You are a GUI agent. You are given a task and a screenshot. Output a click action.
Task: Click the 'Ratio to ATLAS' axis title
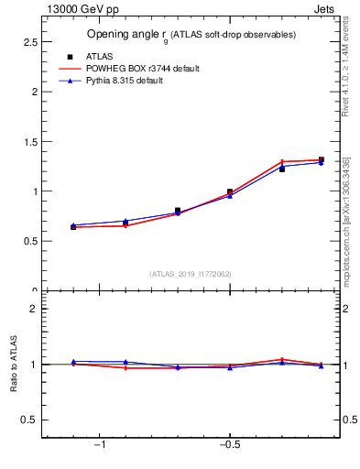(x=14, y=365)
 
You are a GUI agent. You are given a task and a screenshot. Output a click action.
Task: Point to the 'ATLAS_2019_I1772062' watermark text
(x=191, y=274)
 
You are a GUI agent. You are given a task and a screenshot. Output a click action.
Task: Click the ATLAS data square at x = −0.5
(x=230, y=192)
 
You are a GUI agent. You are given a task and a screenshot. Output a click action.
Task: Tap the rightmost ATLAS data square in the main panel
(x=321, y=160)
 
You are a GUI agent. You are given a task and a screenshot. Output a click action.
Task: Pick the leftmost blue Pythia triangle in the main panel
(x=73, y=225)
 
